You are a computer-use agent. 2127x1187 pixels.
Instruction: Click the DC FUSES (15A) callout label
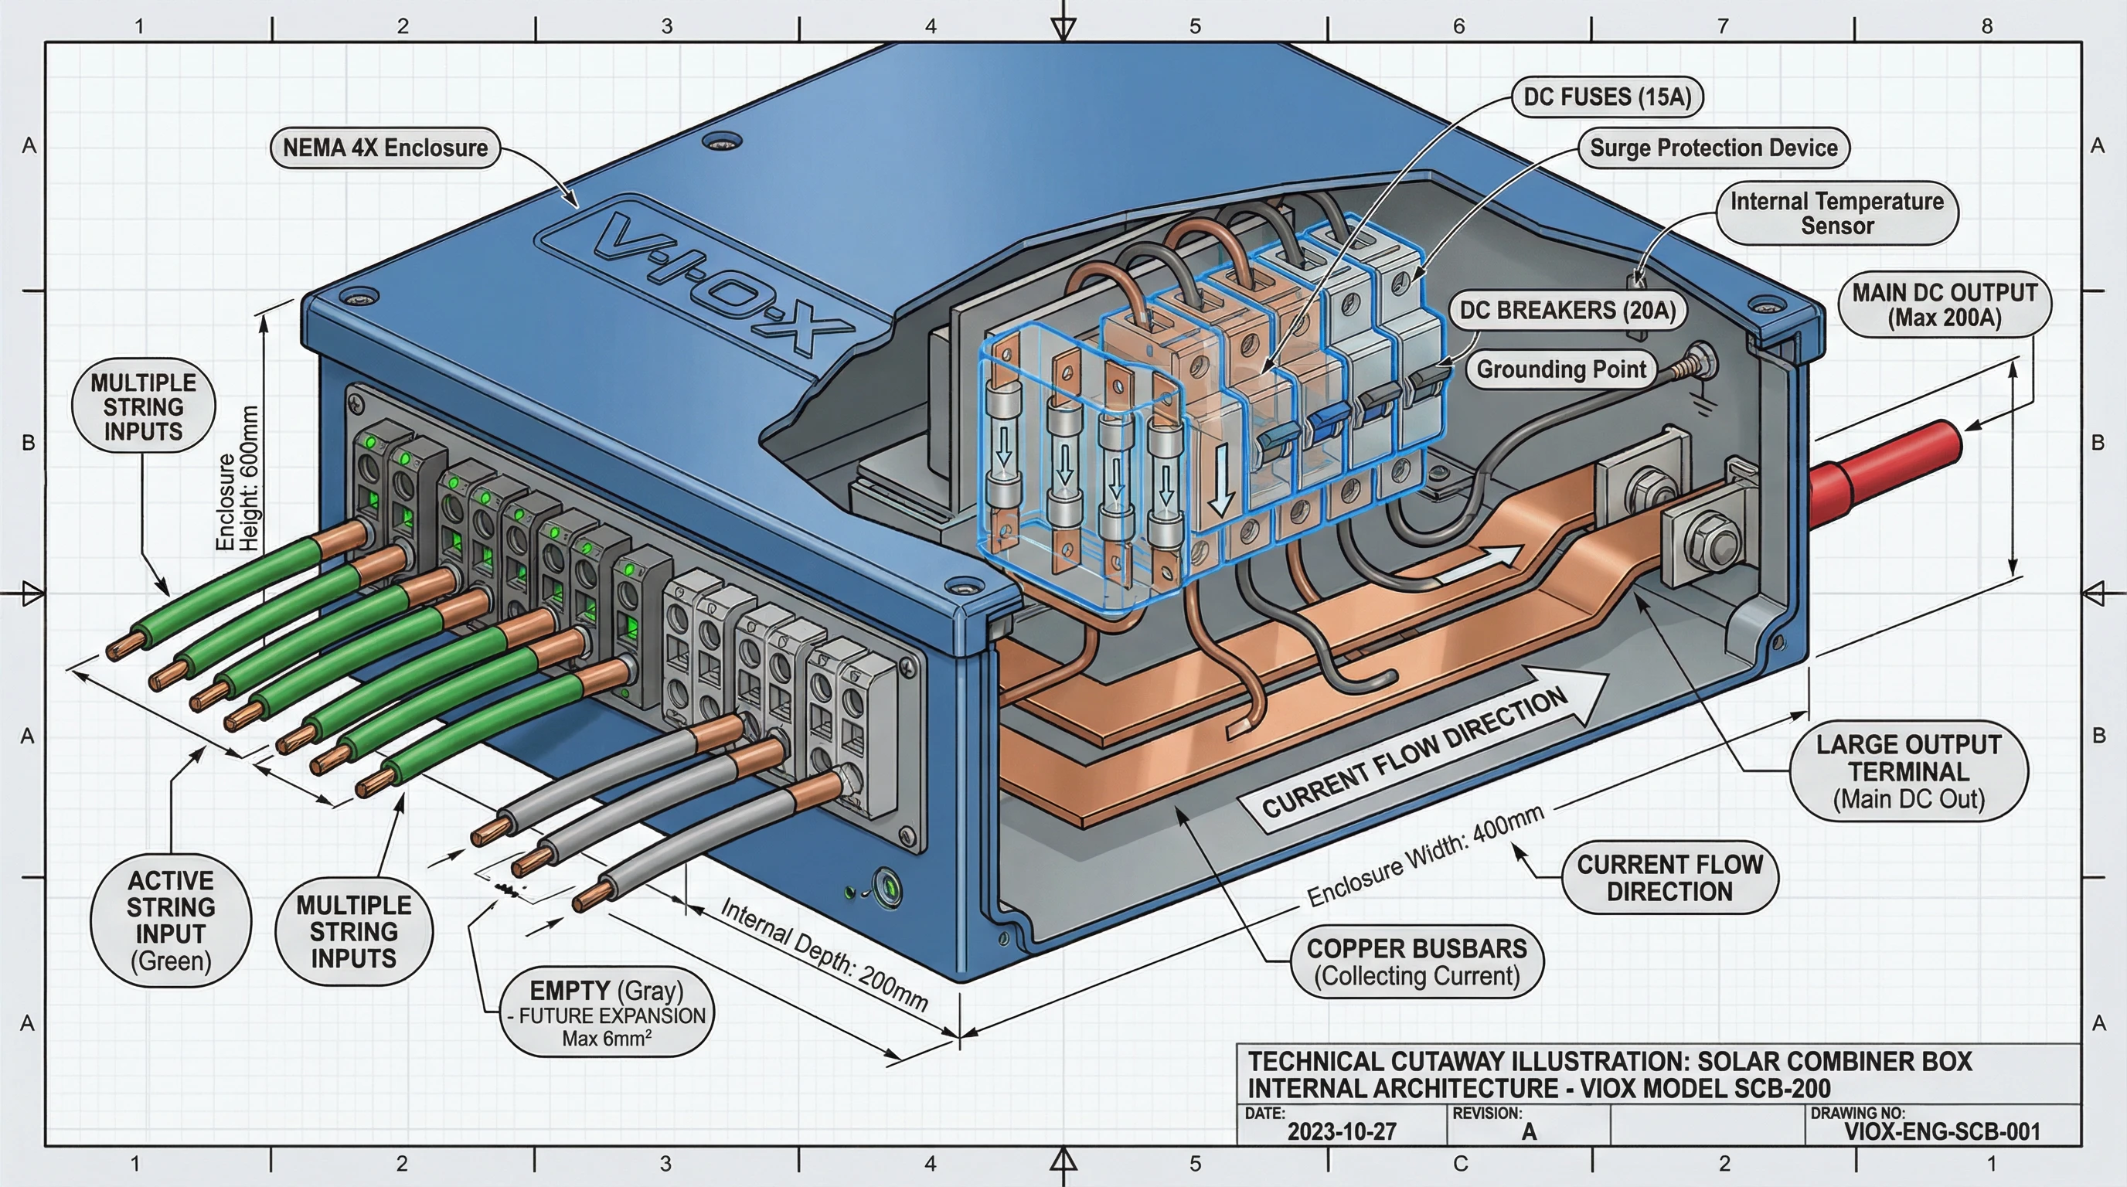(x=1607, y=97)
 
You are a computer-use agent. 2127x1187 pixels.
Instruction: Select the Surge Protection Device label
(x=1714, y=148)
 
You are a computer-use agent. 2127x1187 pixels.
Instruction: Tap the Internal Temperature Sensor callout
(x=1836, y=213)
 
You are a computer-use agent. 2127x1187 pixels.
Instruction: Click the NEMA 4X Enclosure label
(x=385, y=148)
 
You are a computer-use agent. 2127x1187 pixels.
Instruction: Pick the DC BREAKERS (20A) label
(x=1567, y=311)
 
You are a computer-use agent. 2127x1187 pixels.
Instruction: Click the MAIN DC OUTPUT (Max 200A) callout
(x=1944, y=304)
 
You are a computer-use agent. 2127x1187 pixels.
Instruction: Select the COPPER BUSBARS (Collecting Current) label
(x=1416, y=961)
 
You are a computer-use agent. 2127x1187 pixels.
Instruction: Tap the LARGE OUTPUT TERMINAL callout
(x=1908, y=771)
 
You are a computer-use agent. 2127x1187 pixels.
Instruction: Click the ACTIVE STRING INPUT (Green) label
(x=170, y=920)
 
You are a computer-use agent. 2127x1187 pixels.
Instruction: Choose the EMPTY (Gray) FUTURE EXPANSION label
(x=607, y=1013)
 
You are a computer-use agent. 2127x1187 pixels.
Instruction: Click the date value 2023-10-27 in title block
(x=1341, y=1131)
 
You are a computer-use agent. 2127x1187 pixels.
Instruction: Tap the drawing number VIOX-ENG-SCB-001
(x=1942, y=1131)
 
